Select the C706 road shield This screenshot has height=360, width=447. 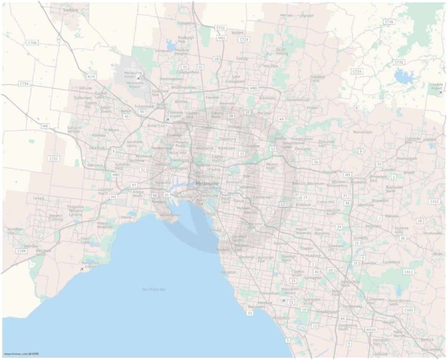pos(33,43)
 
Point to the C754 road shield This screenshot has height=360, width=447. pos(23,83)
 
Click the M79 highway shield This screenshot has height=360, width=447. pos(91,77)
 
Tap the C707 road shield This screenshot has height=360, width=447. pos(54,159)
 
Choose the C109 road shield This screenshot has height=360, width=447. pos(21,251)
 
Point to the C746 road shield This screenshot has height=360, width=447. pos(390,22)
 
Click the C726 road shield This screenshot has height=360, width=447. pos(399,62)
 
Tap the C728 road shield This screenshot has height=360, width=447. pos(358,71)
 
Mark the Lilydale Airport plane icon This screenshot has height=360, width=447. pos(440,93)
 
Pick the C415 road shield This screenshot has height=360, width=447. pos(434,201)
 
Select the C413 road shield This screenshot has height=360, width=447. pos(408,272)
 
